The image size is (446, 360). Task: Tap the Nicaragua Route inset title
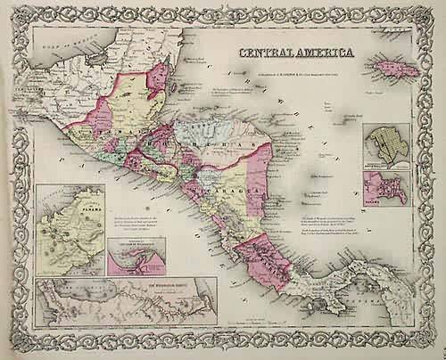[126, 288]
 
